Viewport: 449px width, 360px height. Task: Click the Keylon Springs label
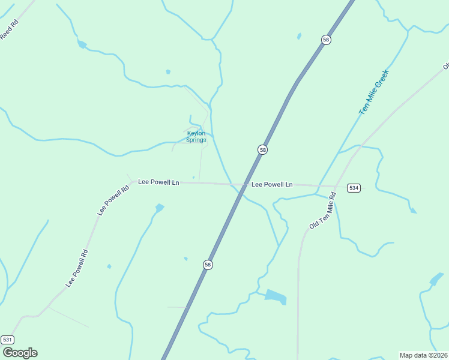tap(196, 136)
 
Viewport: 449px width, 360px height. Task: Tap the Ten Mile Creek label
tap(374, 92)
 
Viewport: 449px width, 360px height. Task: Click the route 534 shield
tap(354, 188)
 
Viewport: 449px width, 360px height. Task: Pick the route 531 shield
tap(7, 340)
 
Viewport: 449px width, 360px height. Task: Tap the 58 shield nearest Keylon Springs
tap(262, 149)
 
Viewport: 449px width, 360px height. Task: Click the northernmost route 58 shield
tap(326, 40)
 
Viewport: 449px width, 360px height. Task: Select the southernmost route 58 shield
tap(208, 265)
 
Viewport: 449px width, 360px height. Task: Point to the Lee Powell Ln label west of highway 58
tap(158, 181)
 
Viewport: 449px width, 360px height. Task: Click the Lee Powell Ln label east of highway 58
tap(272, 184)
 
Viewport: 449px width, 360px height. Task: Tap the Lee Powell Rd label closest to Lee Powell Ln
tap(113, 200)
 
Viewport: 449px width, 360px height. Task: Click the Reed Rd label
tap(9, 30)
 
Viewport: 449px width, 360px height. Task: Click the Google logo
tap(20, 353)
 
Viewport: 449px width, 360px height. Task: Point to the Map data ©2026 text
tap(423, 355)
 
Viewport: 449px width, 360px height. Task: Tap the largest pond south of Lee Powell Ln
tap(276, 296)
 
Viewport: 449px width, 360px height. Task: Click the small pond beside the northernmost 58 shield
tap(299, 37)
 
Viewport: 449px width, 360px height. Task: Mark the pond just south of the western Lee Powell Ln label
tap(159, 208)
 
